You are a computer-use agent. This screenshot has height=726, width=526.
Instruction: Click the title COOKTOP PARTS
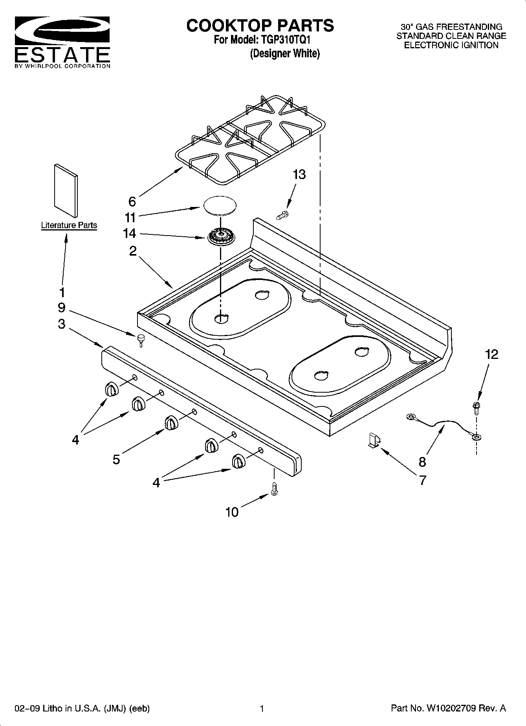click(x=260, y=26)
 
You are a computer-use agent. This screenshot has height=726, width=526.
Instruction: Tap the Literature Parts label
click(x=69, y=225)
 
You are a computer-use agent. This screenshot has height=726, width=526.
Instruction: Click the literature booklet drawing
click(x=66, y=190)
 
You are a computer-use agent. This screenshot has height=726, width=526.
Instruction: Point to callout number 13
click(x=299, y=174)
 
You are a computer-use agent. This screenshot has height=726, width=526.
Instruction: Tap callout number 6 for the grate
click(x=132, y=201)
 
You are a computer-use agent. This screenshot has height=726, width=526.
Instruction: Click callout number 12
click(x=491, y=354)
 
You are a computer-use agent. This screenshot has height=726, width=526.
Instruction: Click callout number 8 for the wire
click(x=422, y=462)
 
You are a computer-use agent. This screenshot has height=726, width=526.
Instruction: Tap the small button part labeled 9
click(x=141, y=340)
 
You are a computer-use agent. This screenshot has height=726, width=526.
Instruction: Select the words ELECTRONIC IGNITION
click(x=451, y=45)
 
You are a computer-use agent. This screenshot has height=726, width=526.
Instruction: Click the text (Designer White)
click(x=285, y=54)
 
